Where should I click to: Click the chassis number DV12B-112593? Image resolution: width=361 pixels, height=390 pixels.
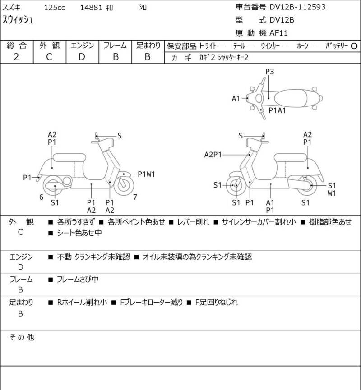[297, 7]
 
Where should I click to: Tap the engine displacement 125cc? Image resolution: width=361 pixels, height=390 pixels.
[55, 8]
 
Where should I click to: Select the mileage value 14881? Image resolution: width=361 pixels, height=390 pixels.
[91, 8]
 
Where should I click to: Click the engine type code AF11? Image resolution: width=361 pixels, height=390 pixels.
[278, 33]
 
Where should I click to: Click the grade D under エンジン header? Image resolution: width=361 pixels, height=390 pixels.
[82, 57]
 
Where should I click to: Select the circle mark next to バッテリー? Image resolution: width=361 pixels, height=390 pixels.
[354, 46]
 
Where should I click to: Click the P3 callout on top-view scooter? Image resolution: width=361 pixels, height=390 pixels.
[269, 72]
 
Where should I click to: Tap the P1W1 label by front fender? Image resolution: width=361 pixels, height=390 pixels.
[146, 174]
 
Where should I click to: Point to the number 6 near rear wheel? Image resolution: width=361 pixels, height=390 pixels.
[42, 197]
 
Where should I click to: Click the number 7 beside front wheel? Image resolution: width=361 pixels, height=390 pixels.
[135, 197]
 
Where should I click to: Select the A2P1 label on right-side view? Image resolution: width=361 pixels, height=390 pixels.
[213, 155]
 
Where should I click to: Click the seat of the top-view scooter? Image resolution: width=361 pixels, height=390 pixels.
[290, 98]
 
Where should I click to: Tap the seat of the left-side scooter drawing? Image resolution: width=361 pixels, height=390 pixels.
[69, 158]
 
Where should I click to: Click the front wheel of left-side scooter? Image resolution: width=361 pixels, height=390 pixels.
[124, 185]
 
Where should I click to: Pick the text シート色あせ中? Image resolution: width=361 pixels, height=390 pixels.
[79, 233]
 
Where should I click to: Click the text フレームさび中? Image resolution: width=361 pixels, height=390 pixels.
[78, 280]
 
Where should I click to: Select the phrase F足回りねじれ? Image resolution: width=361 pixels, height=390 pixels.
[216, 303]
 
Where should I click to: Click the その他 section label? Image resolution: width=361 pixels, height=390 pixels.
[22, 337]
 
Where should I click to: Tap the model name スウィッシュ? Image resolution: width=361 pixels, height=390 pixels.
[18, 20]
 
